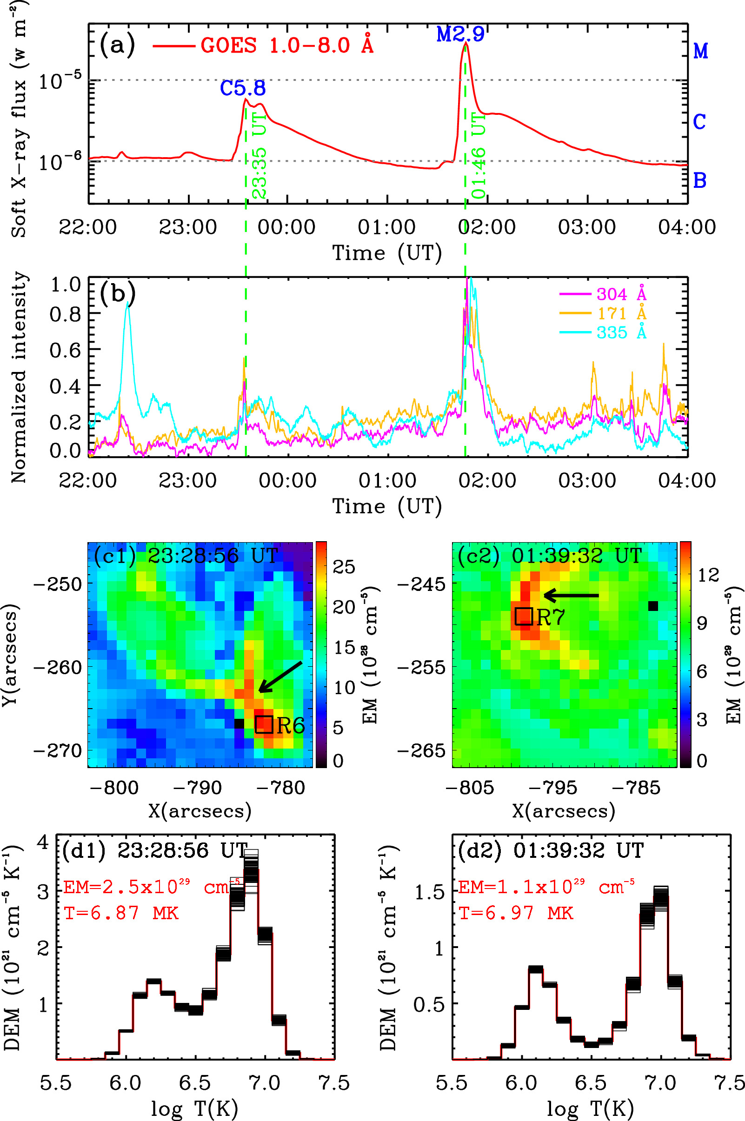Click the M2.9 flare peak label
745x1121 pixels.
(460, 34)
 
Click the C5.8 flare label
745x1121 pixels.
(242, 88)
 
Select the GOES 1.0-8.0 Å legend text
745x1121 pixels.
(287, 46)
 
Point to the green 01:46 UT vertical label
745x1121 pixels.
(479, 155)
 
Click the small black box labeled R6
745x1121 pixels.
(264, 724)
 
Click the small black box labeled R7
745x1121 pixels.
(523, 616)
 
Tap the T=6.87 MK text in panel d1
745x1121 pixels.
(121, 913)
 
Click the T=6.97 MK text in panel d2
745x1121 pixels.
(516, 913)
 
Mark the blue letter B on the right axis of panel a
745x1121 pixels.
(699, 180)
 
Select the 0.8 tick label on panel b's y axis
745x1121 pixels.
(66, 314)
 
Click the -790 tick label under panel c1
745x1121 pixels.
(197, 788)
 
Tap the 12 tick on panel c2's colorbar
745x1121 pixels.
(708, 575)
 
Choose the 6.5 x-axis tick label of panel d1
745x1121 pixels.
(195, 1083)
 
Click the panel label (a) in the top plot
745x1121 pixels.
(117, 45)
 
